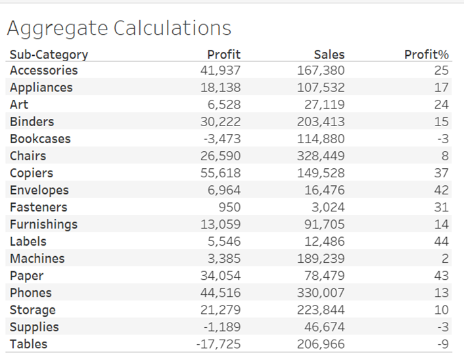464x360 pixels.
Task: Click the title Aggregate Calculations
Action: tap(119, 28)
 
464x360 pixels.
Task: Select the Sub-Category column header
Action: tap(49, 55)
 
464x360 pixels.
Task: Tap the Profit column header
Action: tap(223, 55)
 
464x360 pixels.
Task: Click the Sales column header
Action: tap(329, 55)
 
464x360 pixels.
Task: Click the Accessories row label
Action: tap(43, 70)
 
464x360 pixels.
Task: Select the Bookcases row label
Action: tap(40, 139)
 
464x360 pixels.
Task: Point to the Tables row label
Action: tap(28, 344)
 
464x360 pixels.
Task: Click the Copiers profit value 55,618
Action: tap(220, 173)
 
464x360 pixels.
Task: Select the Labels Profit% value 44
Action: tap(441, 241)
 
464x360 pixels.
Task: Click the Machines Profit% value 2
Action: tap(445, 258)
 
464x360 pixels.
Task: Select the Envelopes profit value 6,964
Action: tap(223, 190)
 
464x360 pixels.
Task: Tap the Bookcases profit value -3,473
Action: tap(221, 139)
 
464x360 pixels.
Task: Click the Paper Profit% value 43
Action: tap(441, 275)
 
